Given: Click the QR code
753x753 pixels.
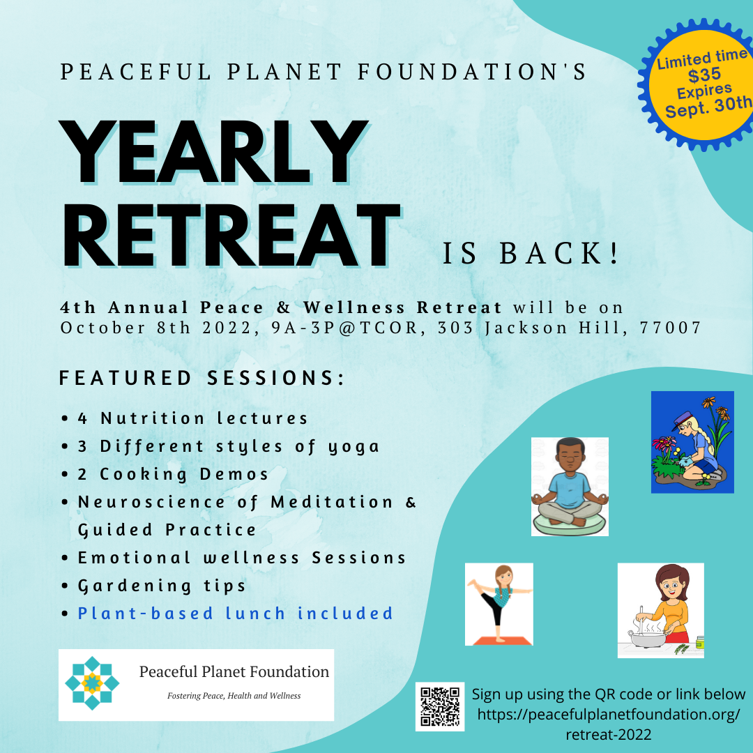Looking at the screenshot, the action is click(440, 706).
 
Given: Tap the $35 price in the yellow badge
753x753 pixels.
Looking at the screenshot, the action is click(704, 75).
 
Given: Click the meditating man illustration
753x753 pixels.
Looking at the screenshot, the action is click(570, 487).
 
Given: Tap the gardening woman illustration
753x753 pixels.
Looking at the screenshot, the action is click(692, 442).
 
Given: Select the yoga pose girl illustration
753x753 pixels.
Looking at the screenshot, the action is click(499, 604).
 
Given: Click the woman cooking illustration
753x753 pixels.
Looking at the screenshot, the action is click(661, 610).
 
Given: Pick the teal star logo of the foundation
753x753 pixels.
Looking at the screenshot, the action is click(92, 683).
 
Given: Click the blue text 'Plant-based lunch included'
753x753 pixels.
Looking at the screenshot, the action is click(236, 614).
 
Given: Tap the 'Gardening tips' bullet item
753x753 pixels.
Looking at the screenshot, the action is click(162, 586).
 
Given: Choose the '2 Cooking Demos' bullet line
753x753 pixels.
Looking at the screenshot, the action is click(173, 474).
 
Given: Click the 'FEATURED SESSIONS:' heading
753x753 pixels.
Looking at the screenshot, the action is click(202, 378).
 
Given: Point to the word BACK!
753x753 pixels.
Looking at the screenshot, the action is click(559, 253).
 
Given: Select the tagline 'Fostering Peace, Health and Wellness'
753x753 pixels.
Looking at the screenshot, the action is click(234, 696).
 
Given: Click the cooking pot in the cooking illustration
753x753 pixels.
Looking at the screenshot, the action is click(647, 639).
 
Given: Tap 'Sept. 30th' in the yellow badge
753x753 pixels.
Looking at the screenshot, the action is click(709, 107).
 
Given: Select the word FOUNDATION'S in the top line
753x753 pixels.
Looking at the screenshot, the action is click(473, 72).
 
